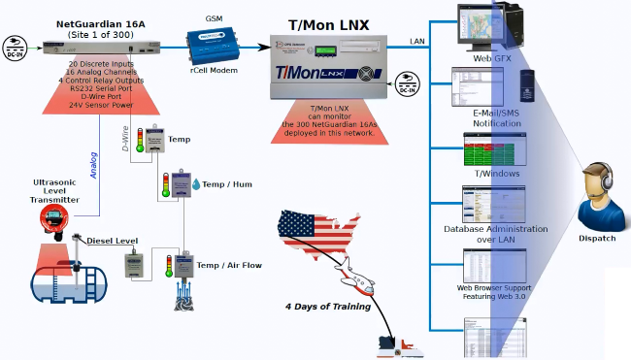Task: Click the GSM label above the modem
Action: [x=215, y=18]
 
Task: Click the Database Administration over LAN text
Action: [x=495, y=234]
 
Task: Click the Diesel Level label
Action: [x=113, y=241]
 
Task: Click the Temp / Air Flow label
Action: [x=228, y=265]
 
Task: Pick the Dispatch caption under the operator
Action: [x=596, y=238]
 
